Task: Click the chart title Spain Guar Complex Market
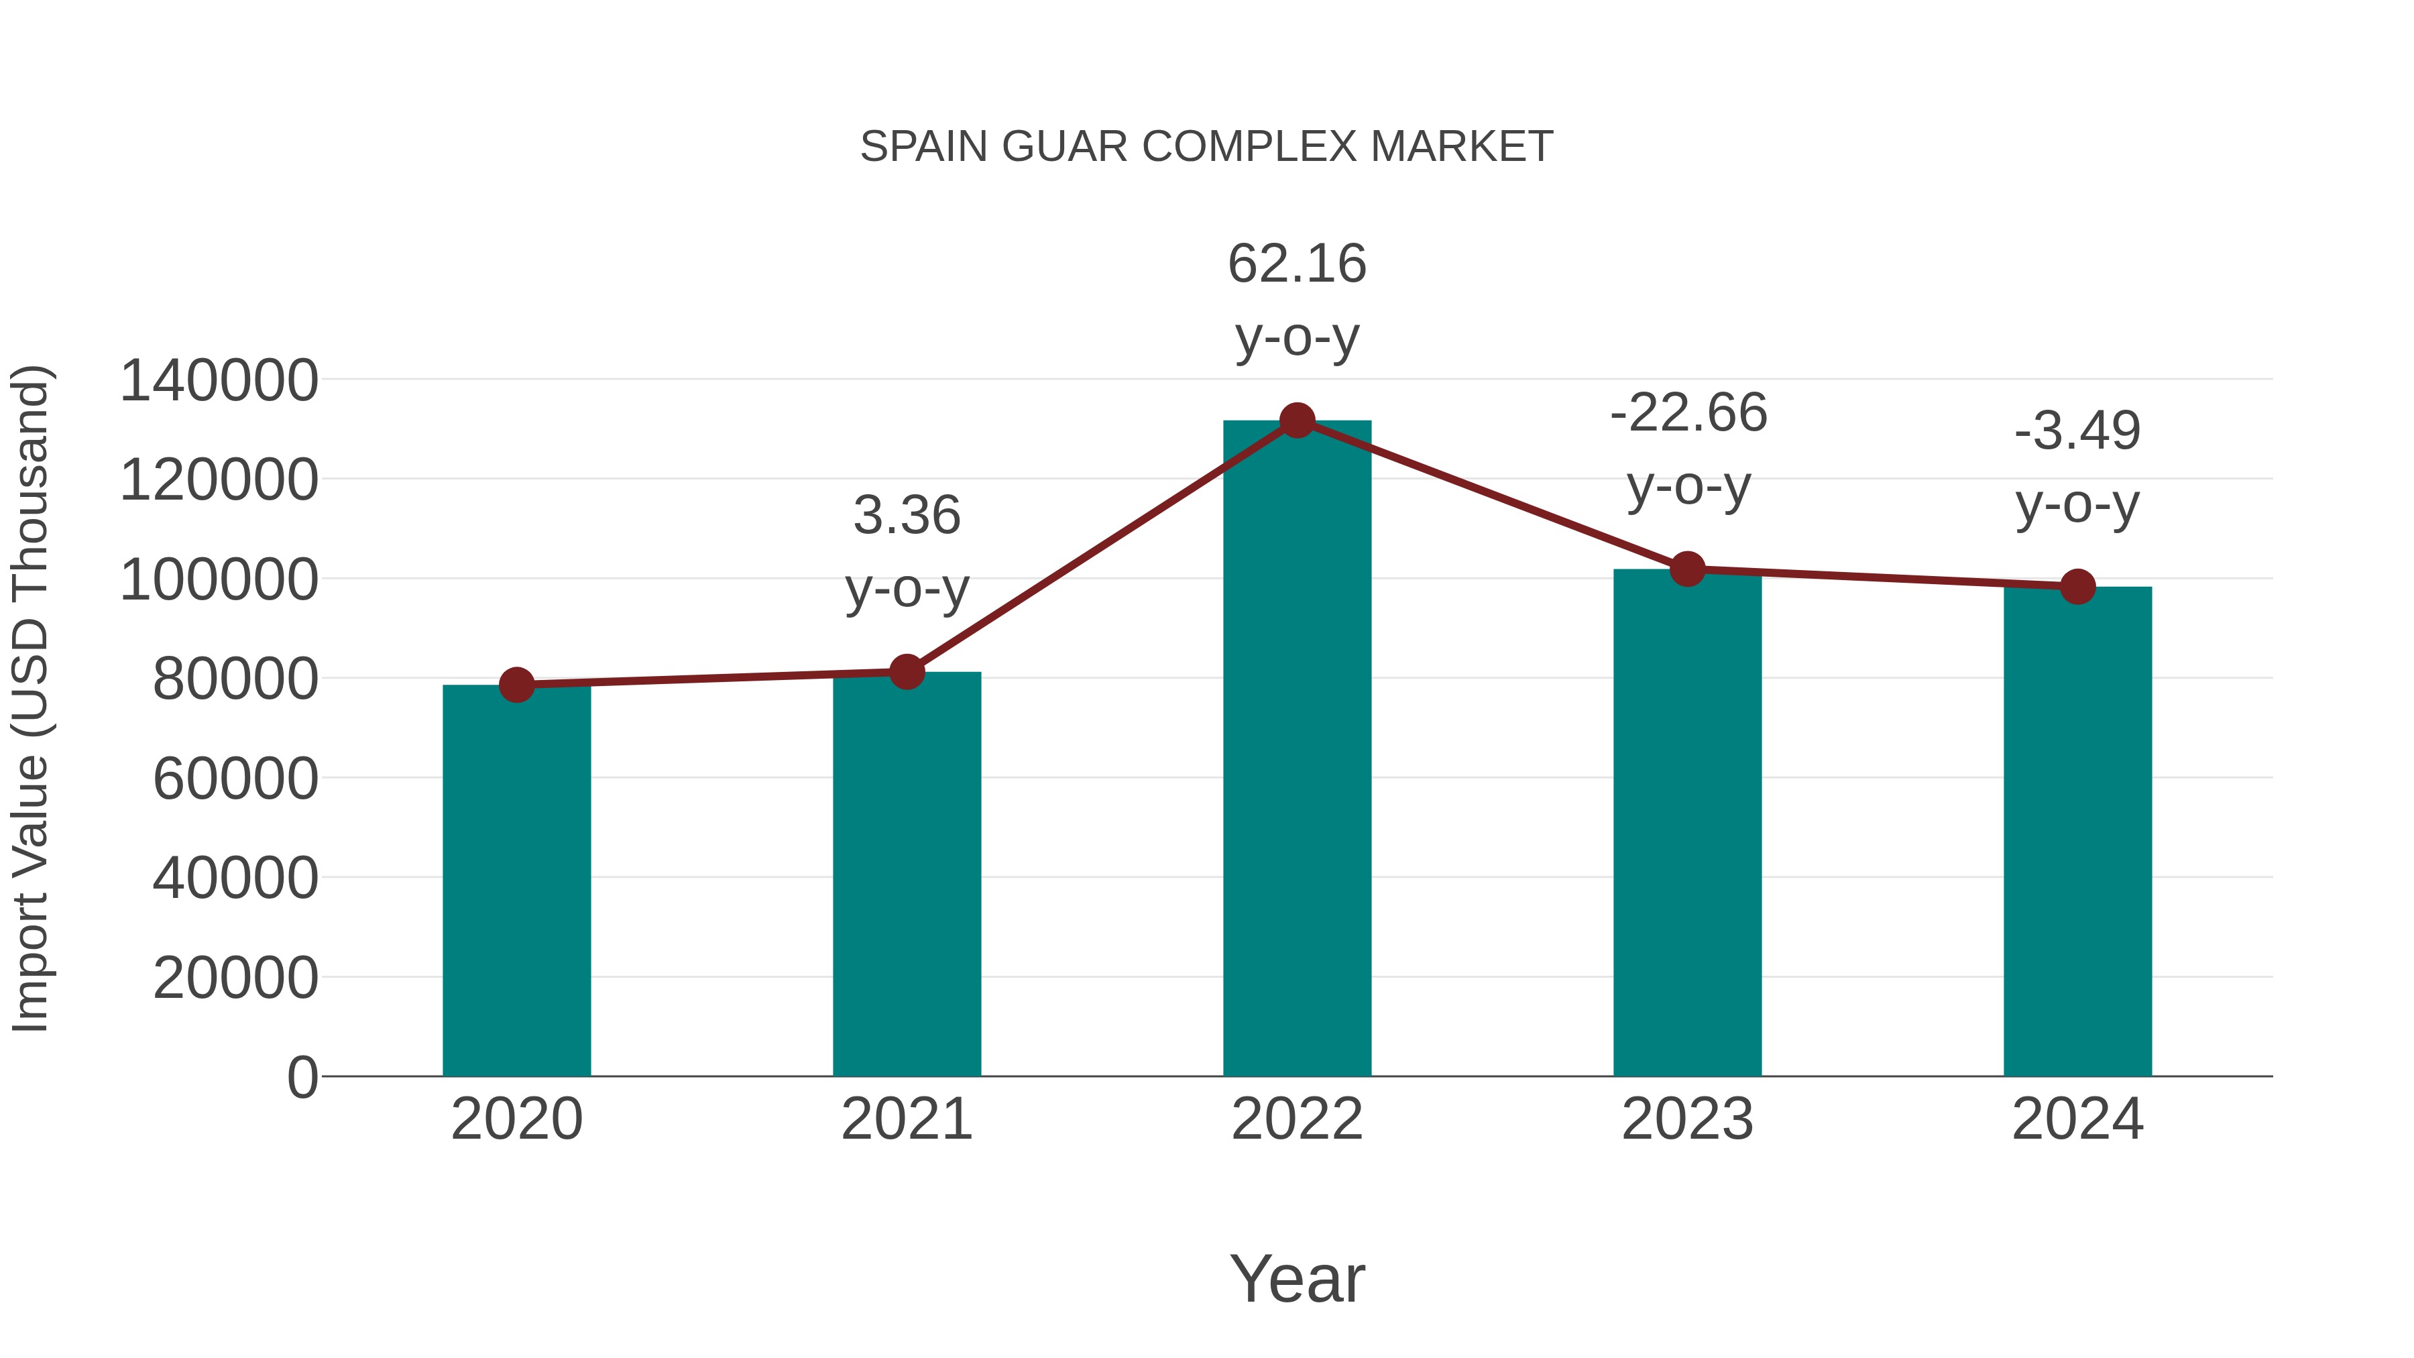1206,147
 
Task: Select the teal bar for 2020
516,881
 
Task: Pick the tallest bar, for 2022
1297,750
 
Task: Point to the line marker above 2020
516,685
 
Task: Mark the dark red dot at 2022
1297,420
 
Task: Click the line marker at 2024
2077,587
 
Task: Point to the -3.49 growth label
2077,431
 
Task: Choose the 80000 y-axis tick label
235,679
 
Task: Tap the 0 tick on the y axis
302,1078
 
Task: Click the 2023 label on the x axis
1687,1119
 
